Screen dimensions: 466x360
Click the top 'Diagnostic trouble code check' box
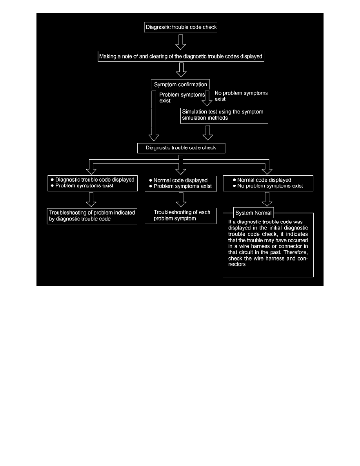(x=181, y=27)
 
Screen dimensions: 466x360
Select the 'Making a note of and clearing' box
(x=181, y=56)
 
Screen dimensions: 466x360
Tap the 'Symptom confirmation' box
(x=180, y=85)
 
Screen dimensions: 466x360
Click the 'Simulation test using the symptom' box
(x=224, y=115)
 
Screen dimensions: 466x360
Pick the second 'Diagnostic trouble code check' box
(x=182, y=148)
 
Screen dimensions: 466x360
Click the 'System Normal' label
(x=254, y=213)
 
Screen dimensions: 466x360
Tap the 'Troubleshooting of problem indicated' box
(x=92, y=216)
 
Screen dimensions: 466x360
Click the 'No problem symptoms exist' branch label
(x=241, y=96)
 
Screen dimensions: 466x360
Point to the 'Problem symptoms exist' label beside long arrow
(x=182, y=98)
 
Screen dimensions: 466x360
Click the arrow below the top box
(x=180, y=42)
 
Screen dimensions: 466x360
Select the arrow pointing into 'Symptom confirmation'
(x=180, y=70)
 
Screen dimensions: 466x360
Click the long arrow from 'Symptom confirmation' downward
(x=153, y=115)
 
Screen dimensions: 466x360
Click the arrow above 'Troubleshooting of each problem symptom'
(x=180, y=199)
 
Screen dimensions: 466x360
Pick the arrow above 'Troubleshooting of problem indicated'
(x=91, y=199)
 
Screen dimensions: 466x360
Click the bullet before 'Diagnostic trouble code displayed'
(x=52, y=180)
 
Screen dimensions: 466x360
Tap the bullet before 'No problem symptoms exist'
(x=234, y=186)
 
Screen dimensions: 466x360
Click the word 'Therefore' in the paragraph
(x=298, y=252)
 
